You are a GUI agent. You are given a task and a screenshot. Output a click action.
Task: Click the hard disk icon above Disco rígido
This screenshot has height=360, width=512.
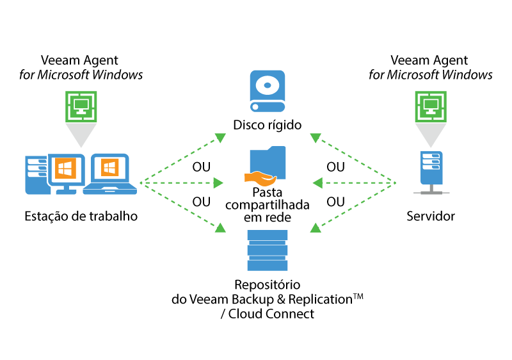(x=268, y=92)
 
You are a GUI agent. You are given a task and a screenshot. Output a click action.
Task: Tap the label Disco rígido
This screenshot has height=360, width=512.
(x=268, y=125)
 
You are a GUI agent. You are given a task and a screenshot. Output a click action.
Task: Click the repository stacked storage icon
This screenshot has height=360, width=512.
(x=268, y=250)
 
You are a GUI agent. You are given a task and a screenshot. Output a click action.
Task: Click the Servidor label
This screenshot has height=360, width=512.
(x=431, y=216)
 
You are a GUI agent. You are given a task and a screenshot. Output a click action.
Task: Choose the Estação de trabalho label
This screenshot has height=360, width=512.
(x=81, y=216)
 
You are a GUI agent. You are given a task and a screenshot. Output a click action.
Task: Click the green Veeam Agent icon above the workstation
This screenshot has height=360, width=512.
(x=81, y=105)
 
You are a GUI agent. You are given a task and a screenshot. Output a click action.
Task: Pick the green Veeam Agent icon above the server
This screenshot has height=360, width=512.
(x=430, y=105)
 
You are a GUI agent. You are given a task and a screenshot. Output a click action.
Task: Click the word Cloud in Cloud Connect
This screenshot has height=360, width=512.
(x=246, y=314)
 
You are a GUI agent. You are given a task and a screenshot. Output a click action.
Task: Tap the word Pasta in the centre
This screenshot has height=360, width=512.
(x=268, y=192)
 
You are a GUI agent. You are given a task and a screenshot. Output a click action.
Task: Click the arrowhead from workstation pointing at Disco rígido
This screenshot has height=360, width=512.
(x=220, y=137)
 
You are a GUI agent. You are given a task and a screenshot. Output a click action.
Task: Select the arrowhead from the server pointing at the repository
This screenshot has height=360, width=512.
(x=315, y=227)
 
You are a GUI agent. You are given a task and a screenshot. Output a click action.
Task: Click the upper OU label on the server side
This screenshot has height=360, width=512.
(x=335, y=167)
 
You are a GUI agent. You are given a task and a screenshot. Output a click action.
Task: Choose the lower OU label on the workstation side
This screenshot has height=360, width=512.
(x=202, y=202)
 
